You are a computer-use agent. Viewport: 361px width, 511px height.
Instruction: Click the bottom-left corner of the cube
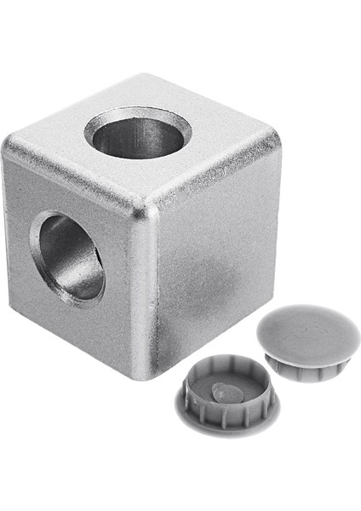14,311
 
